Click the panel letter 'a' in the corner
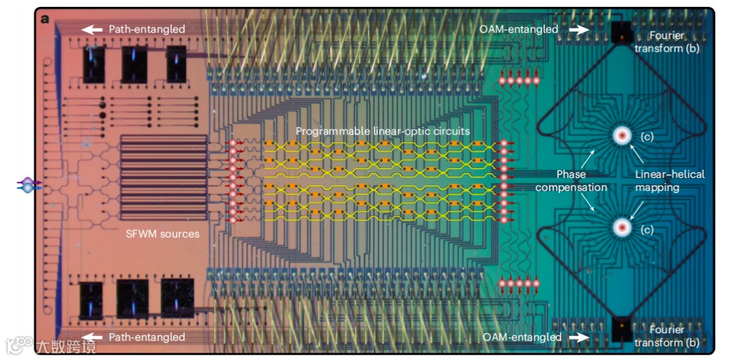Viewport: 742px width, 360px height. coord(45,19)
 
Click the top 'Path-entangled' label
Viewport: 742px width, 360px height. coord(146,29)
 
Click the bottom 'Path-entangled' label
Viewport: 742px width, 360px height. coord(146,337)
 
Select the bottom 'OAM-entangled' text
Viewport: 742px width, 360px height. coord(521,337)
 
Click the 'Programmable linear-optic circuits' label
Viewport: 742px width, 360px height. coord(383,131)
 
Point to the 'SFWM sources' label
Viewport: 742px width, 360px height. coord(163,234)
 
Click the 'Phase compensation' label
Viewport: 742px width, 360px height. coord(572,181)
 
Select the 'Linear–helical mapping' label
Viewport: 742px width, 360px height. coord(670,181)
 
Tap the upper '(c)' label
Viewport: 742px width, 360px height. coord(647,136)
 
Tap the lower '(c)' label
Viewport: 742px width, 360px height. coord(647,229)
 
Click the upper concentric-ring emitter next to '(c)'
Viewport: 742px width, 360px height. coord(622,135)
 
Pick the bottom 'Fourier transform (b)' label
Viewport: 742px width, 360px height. coord(667,336)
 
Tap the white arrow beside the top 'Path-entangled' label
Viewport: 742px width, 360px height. coord(93,29)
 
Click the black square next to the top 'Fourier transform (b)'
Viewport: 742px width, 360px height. coord(622,30)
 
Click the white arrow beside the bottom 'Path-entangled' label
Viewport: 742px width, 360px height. coord(93,337)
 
